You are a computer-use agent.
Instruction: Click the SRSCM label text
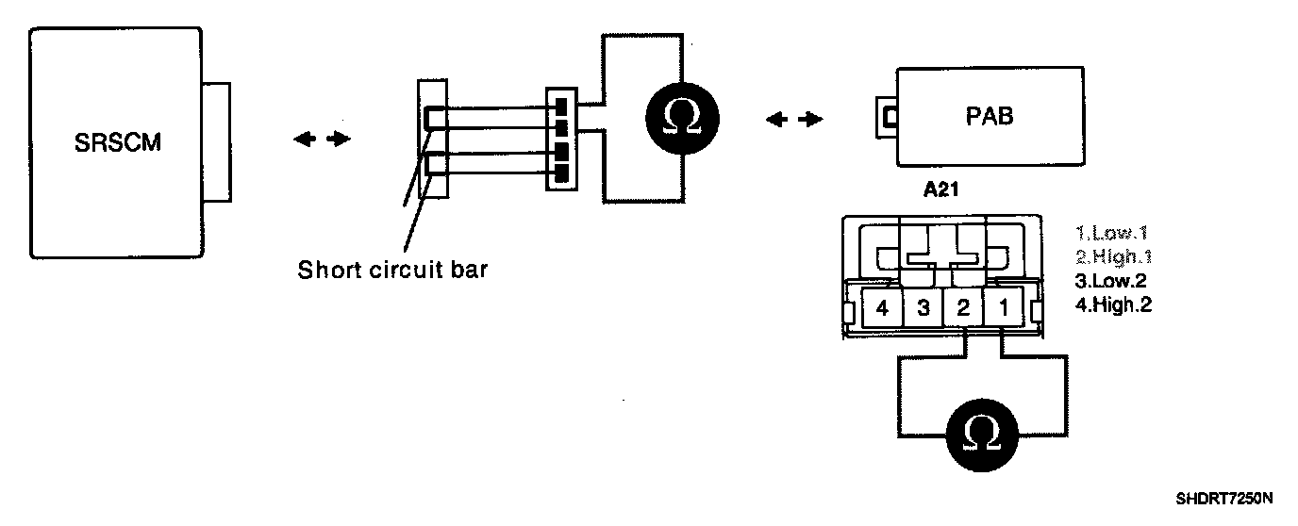(117, 144)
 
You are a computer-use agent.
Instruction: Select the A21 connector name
(941, 190)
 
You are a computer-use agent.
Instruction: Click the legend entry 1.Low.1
(1113, 232)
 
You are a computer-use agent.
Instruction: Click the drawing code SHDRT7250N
(1224, 497)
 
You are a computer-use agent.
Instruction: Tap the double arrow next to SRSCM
(322, 140)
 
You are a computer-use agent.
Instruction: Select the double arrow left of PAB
(793, 120)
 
